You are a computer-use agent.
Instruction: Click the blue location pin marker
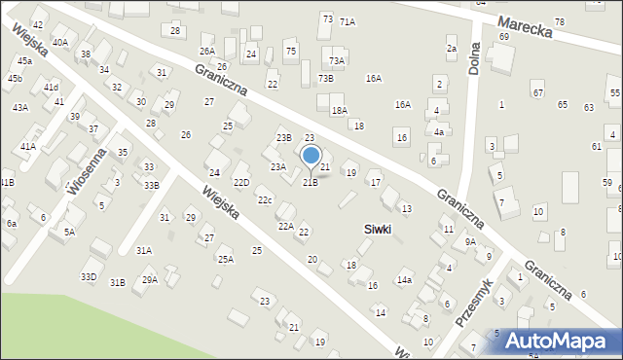coord(311,156)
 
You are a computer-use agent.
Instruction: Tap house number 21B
coord(310,182)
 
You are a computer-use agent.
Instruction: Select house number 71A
coord(348,21)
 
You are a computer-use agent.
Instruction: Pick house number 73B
coord(325,78)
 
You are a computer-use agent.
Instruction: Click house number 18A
coord(339,111)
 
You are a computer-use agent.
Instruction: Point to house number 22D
coord(241,182)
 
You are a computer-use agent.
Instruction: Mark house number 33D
coord(89,277)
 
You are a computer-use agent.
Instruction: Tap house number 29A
coord(149,280)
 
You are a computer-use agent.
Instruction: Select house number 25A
coord(225,260)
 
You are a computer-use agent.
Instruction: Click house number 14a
coord(404,280)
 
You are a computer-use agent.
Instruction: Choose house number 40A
coord(60,43)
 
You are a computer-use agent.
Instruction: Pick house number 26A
coord(207,51)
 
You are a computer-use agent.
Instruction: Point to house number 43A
coord(19,108)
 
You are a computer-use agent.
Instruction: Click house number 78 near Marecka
coord(559,22)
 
